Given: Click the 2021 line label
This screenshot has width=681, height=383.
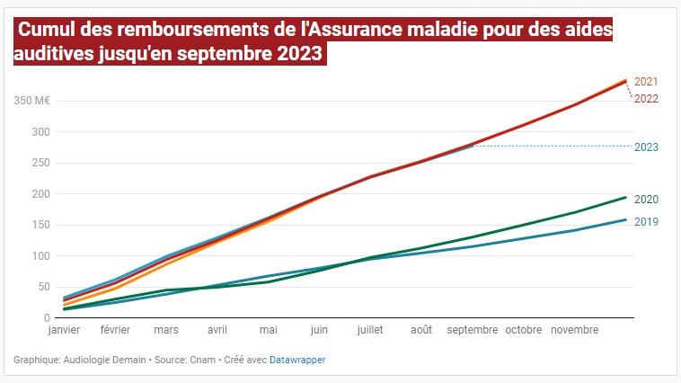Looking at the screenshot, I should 645,82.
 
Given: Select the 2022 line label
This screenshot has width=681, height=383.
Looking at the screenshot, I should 646,98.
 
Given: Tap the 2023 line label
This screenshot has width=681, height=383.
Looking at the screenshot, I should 646,147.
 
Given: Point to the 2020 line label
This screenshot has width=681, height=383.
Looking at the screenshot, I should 646,200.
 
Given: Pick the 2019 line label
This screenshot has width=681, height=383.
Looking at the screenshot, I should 646,221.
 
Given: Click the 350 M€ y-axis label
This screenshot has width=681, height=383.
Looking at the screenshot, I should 31,101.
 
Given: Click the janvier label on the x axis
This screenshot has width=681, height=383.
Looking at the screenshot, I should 64,330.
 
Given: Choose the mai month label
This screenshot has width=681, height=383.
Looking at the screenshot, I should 269,330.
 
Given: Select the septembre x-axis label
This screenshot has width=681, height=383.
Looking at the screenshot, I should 472,330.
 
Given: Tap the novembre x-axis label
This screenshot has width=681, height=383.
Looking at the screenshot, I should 574,330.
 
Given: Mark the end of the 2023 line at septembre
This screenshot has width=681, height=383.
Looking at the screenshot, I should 473,146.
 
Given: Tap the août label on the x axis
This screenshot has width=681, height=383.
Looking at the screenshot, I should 421,330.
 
